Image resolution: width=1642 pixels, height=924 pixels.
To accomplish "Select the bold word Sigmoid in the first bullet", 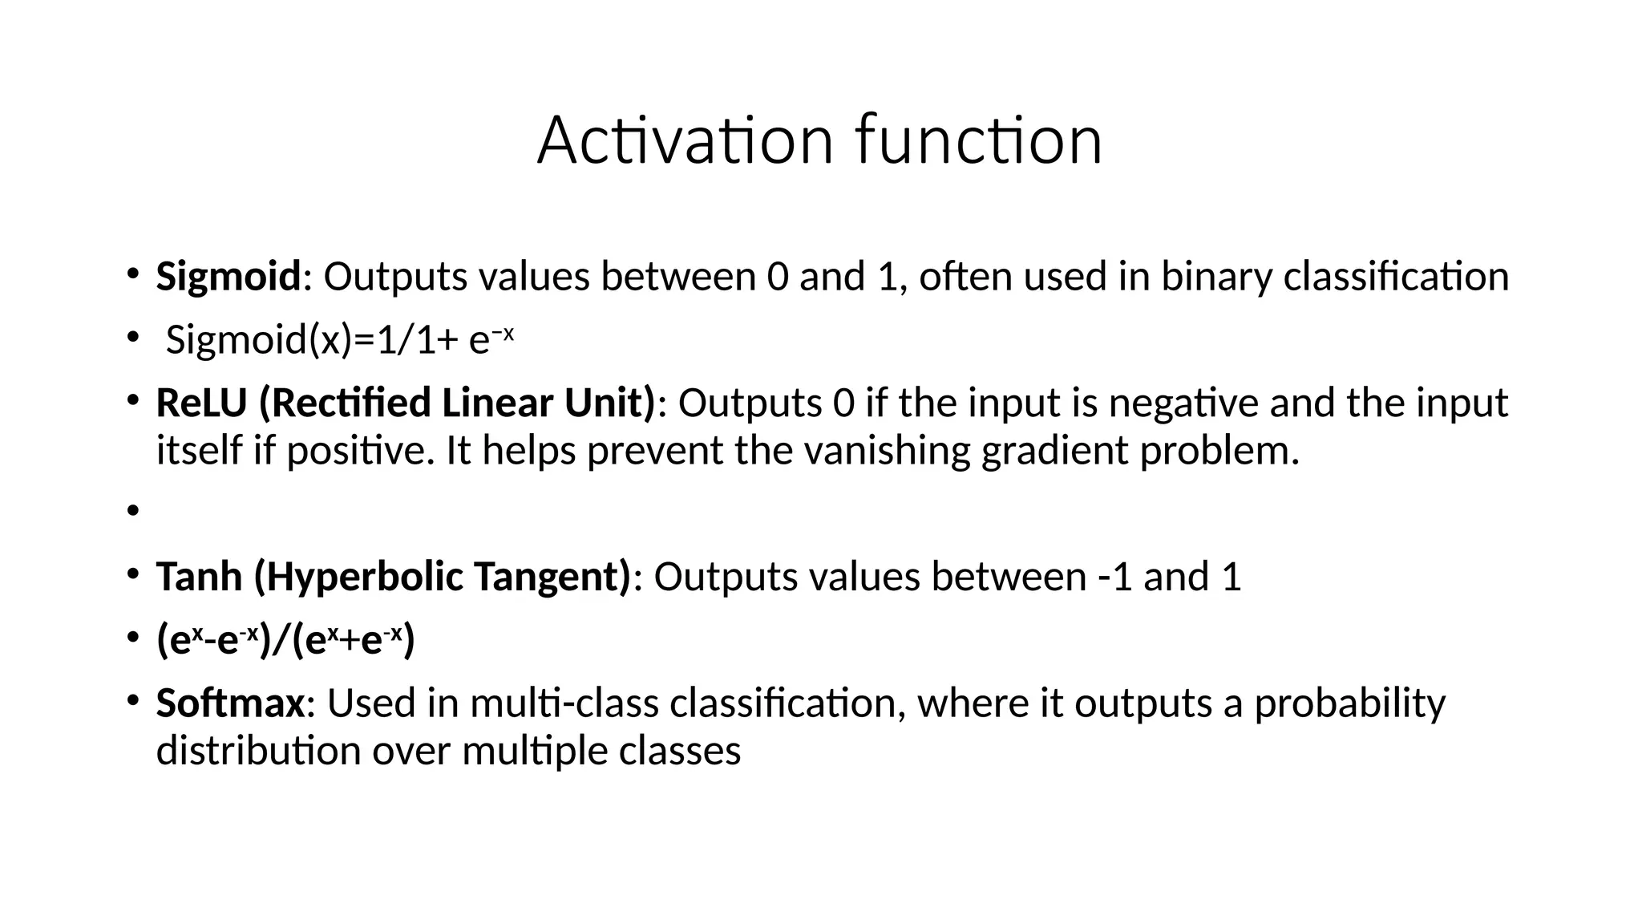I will [x=228, y=278].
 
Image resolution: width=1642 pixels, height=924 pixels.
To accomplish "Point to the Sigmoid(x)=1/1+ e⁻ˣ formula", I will [x=338, y=340].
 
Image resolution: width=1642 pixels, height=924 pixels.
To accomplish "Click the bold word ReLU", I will [x=201, y=403].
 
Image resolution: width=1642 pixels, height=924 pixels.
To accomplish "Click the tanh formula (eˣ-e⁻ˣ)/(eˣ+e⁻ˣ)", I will [x=285, y=641].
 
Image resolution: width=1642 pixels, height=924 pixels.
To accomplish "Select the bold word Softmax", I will [x=230, y=703].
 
